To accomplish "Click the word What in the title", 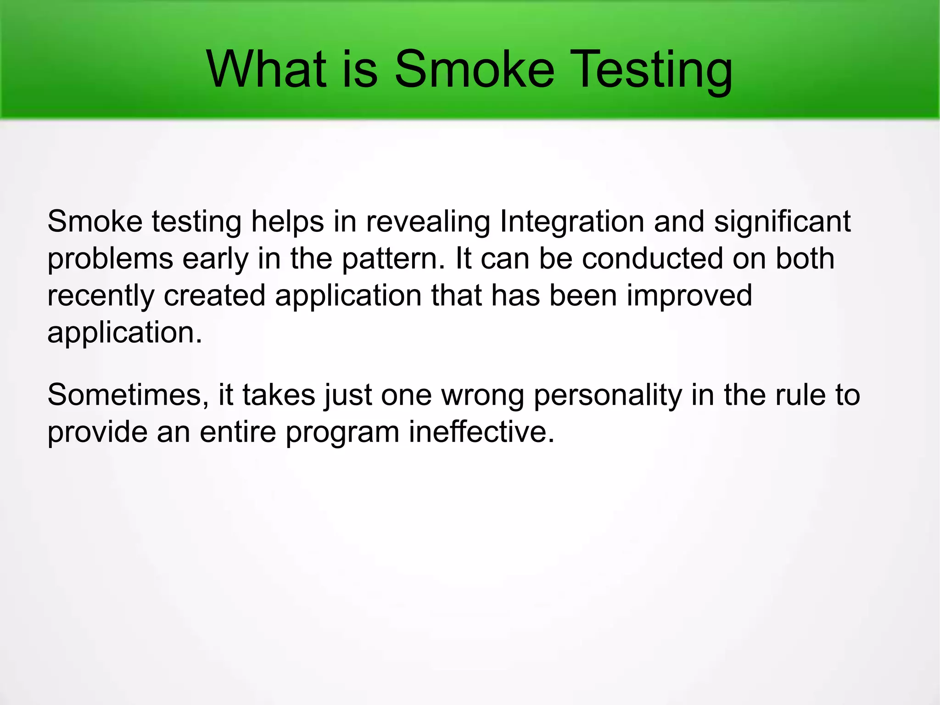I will (266, 70).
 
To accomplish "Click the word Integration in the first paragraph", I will (572, 222).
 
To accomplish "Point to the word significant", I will (782, 222).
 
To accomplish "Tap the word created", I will (214, 295).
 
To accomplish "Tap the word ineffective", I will (481, 432).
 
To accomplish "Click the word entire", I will (238, 432).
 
